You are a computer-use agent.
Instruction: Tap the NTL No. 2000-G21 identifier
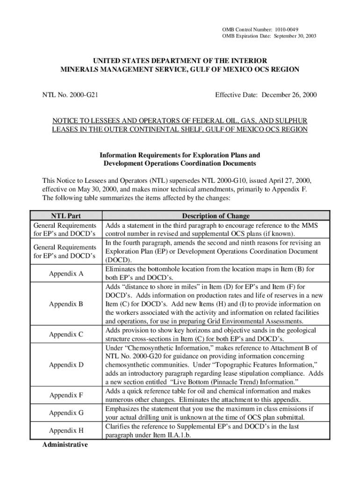click(73, 95)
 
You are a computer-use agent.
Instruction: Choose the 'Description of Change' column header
click(216, 216)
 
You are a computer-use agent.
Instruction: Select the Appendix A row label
click(66, 274)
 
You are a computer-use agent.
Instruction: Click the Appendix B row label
click(66, 304)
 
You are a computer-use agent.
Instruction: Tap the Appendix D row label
click(66, 364)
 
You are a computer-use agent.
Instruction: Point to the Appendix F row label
click(66, 395)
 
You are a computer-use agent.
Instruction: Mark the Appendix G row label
click(66, 413)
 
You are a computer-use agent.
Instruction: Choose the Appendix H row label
click(66, 430)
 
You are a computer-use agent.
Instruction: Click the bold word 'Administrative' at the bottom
click(65, 444)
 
